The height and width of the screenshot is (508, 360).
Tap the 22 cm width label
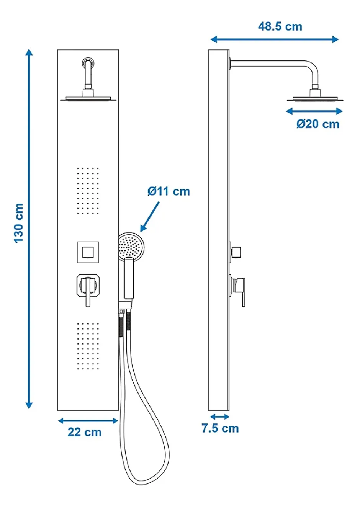pos(84,432)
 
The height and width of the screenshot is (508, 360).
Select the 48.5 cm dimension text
pos(280,26)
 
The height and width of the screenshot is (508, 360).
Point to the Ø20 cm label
pos(318,124)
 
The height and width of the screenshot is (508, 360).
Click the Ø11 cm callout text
pos(169,191)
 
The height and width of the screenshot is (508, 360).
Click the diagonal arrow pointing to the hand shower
pos(150,217)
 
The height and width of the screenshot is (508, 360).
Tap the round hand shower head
pos(131,246)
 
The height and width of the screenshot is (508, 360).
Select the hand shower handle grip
pos(129,278)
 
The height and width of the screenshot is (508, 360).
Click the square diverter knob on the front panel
pos(88,252)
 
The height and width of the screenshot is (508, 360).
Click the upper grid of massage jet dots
pos(88,191)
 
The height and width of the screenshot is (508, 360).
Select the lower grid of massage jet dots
pos(88,346)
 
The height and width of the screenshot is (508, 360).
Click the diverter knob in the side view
pos(236,252)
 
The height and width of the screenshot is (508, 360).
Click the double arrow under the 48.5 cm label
pos(275,39)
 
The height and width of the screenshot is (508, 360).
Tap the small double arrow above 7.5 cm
pos(219,417)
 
